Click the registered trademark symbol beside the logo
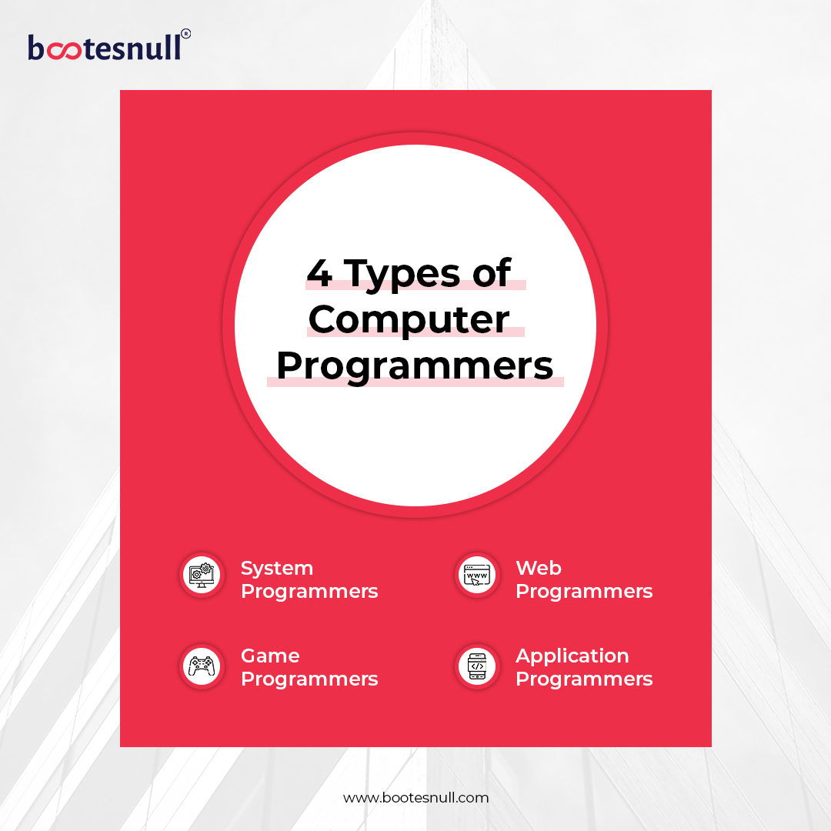coord(185,34)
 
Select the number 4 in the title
coord(319,272)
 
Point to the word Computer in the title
coord(409,320)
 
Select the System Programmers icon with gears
coord(202,574)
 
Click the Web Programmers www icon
coord(477,574)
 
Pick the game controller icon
coord(202,666)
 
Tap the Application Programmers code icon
coord(477,666)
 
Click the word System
coord(277,569)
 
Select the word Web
coord(539,568)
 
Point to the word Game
coord(270,656)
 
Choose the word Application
coord(572,656)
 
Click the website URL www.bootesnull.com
coord(415,798)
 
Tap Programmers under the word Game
coord(309,679)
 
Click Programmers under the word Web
coord(584,592)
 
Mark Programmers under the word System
coord(309,592)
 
